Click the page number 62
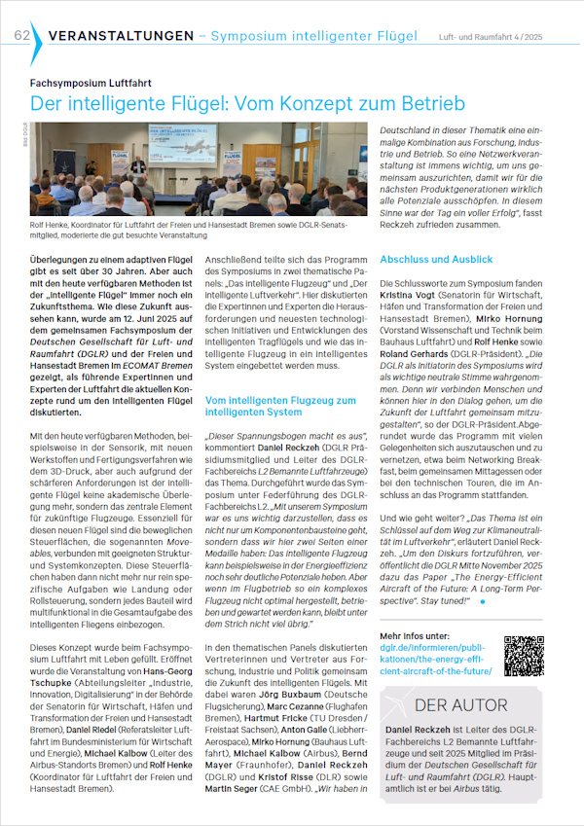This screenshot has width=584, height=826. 20,36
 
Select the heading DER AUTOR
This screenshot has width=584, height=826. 460,705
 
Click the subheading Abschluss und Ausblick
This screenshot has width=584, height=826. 436,260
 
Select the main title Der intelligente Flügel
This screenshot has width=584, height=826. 247,103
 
